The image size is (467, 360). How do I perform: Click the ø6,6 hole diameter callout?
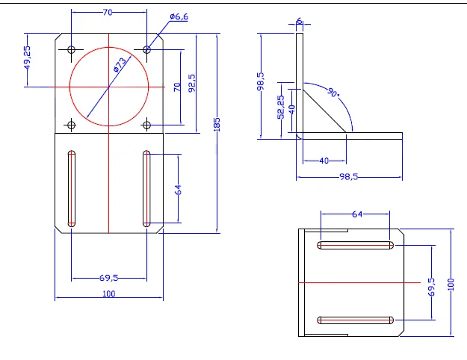point(179,16)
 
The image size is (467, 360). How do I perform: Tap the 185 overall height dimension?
point(217,124)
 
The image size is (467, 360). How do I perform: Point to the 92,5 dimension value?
point(192,82)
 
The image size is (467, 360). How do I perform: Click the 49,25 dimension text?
point(27,58)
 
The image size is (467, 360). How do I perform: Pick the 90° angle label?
point(333,93)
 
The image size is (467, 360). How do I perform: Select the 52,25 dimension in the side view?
point(280,107)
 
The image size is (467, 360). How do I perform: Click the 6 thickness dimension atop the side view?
point(300,22)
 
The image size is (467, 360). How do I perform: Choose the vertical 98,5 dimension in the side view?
point(260,81)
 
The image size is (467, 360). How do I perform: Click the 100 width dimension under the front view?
point(109,294)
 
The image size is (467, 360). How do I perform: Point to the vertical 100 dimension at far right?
point(451,285)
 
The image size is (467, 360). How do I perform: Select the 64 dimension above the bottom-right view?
point(356,214)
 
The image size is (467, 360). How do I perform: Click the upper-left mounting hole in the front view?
point(72,49)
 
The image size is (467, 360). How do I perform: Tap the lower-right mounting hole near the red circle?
point(147,124)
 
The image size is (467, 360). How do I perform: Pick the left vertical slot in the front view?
point(72,187)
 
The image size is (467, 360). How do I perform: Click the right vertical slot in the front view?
point(146,187)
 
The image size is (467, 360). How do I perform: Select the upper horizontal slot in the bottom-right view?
point(356,245)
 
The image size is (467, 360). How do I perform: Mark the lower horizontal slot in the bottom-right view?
point(356,320)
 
